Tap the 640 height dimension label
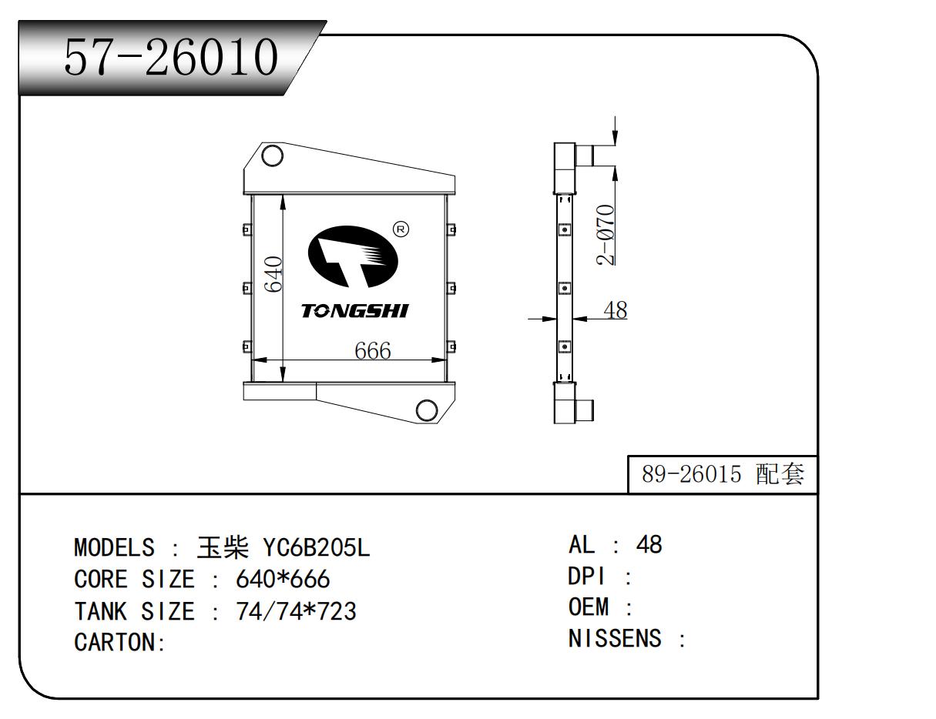(274, 274)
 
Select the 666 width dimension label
(372, 351)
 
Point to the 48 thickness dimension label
(615, 310)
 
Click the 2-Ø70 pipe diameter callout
(606, 235)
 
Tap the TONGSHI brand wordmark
(354, 311)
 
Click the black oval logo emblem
(353, 257)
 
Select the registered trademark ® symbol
(401, 229)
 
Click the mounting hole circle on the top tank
(271, 156)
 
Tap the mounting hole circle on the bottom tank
(427, 410)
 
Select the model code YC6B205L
(317, 548)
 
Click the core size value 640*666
(282, 579)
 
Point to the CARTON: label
(120, 643)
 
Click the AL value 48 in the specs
(648, 545)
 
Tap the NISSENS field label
(614, 639)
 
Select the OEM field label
(589, 607)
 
